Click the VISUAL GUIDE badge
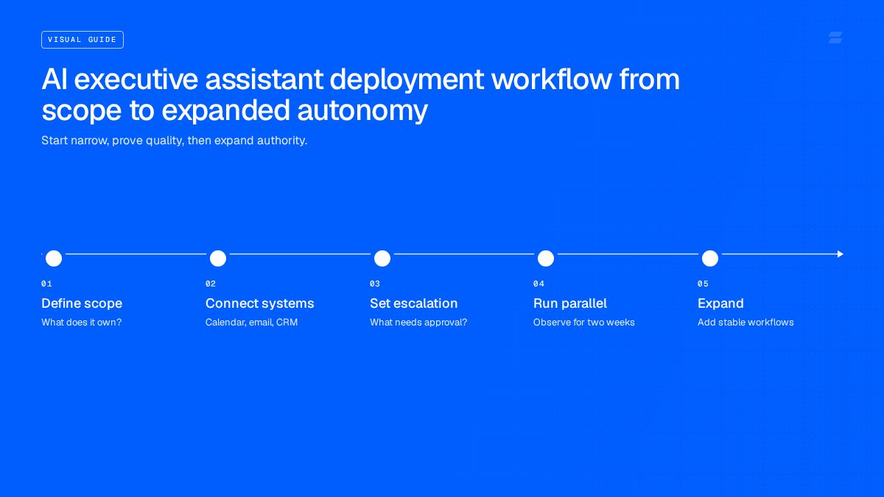[83, 40]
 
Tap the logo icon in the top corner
[835, 38]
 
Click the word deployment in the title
[407, 80]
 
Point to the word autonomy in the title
[362, 111]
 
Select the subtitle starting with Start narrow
[175, 141]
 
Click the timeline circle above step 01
[54, 258]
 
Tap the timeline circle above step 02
[218, 258]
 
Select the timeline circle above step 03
[382, 258]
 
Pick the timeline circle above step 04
[546, 258]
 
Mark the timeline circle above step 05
[710, 258]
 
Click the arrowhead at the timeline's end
[841, 254]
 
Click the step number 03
[375, 283]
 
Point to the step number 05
[703, 283]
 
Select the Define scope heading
[82, 303]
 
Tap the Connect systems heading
[259, 303]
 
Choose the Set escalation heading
[413, 303]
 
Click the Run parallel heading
[570, 303]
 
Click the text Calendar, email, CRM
[251, 322]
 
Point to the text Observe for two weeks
[583, 322]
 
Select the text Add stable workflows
[746, 322]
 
